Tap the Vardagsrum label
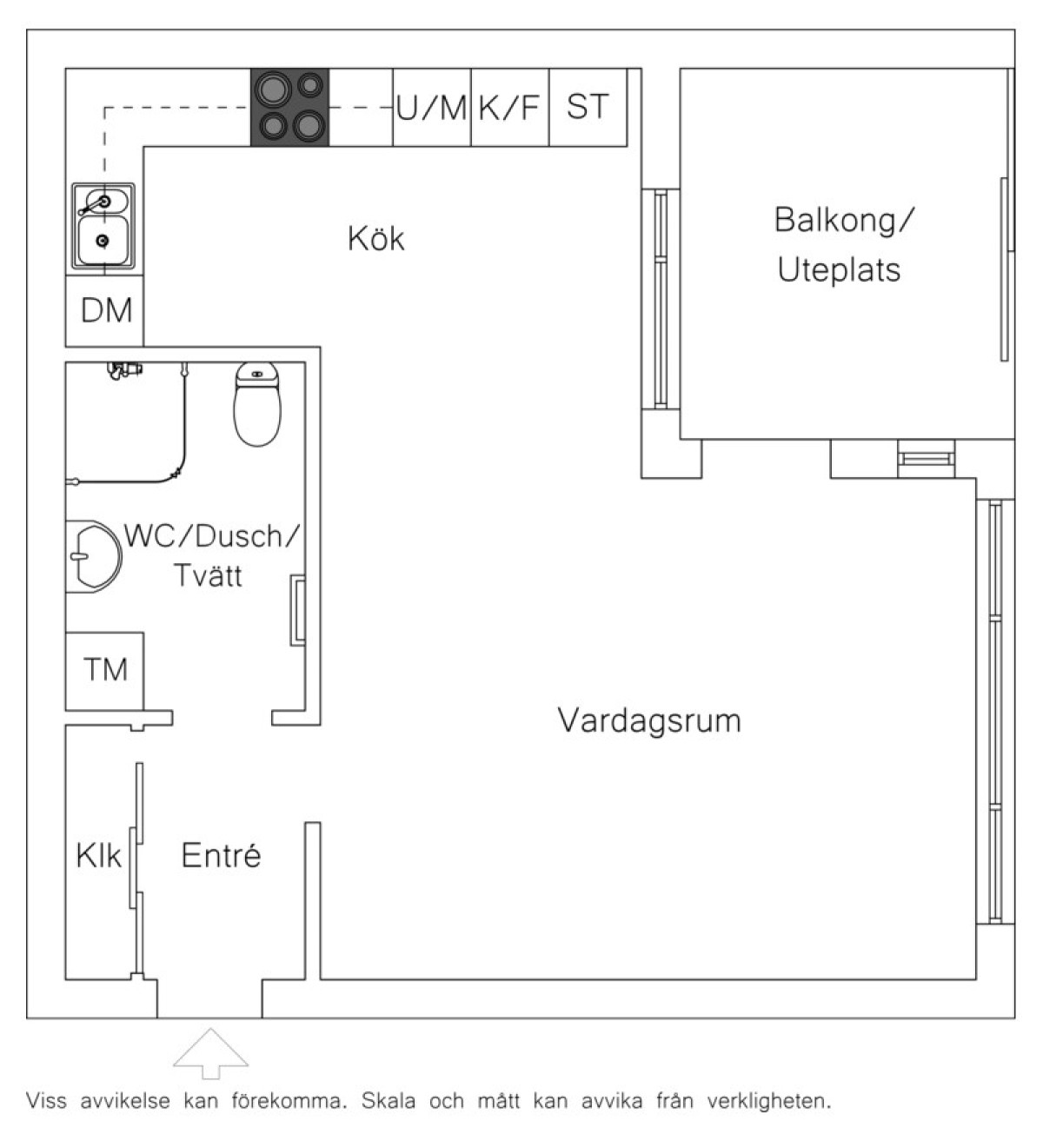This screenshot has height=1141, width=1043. [x=649, y=720]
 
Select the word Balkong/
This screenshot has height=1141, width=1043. [x=844, y=220]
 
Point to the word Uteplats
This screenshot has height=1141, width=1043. [x=839, y=269]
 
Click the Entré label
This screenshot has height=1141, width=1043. [x=221, y=855]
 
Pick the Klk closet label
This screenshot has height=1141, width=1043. [x=98, y=855]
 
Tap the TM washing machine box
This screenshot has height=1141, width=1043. [x=104, y=671]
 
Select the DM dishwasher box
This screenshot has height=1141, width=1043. [x=104, y=310]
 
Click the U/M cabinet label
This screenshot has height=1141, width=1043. [x=431, y=108]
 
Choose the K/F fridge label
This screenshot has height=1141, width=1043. [x=509, y=108]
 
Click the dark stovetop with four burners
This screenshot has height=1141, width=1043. [x=290, y=108]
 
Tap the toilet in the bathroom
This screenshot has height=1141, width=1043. [x=257, y=404]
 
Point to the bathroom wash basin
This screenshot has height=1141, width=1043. [x=94, y=556]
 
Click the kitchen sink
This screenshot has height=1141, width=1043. [x=103, y=226]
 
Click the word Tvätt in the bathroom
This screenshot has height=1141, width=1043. [x=208, y=575]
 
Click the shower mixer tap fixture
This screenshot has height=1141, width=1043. [x=125, y=369]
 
